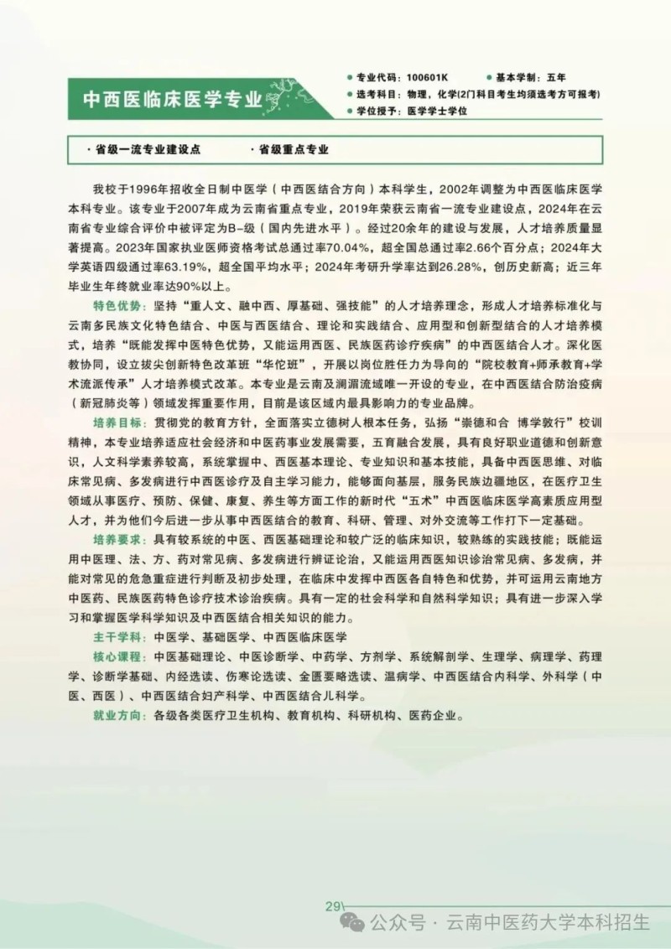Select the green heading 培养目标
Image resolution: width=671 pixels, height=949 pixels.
coord(117,420)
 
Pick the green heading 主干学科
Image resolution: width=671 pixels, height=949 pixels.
coord(117,637)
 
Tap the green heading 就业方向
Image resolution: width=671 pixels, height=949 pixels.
coord(117,716)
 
